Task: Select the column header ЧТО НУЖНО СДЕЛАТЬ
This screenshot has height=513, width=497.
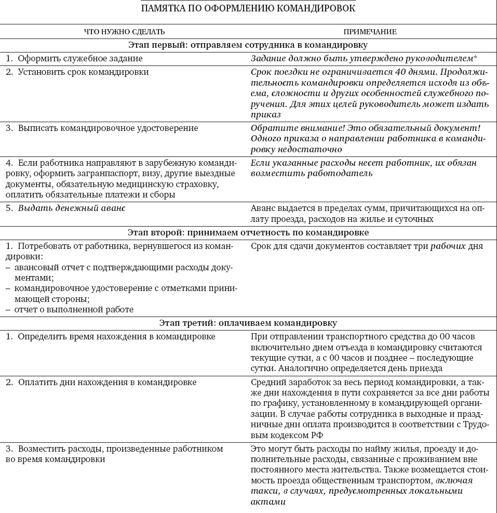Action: (125, 32)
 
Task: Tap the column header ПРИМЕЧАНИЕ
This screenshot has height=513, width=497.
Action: (370, 32)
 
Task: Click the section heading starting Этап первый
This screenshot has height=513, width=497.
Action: (248, 45)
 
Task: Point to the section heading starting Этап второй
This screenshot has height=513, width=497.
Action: (248, 232)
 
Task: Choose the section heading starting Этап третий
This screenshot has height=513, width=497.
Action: (248, 323)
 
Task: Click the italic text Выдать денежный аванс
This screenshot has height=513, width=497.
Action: (72, 208)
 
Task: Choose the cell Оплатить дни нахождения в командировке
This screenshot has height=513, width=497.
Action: (107, 383)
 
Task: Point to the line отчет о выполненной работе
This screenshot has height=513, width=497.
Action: (74, 309)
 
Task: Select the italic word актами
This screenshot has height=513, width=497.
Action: (268, 502)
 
